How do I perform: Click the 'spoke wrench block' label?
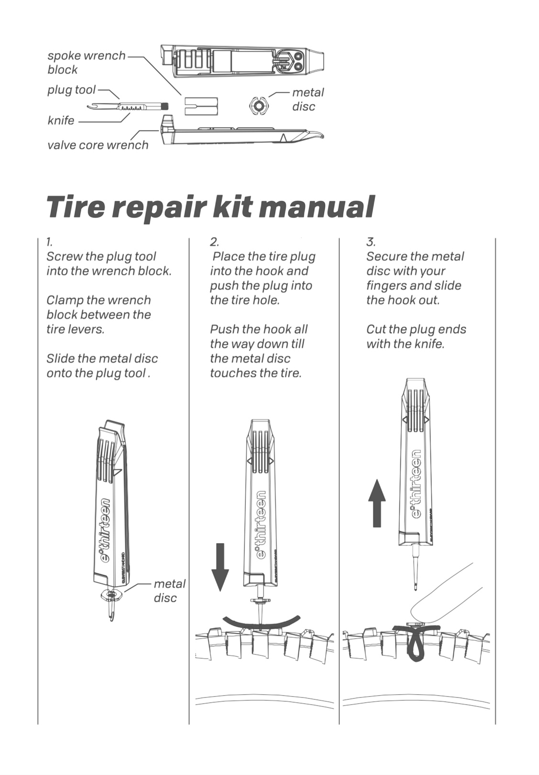point(86,63)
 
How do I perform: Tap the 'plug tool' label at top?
point(71,90)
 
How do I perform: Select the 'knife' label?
point(61,120)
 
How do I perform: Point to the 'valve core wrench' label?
point(98,145)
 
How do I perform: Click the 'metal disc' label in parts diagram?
point(308,99)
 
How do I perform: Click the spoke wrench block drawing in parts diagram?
point(201,106)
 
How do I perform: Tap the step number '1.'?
point(49,241)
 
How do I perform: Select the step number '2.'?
point(214,241)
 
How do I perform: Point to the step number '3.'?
point(371,241)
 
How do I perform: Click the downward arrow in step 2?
point(220,567)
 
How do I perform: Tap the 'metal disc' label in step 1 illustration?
point(169,591)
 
